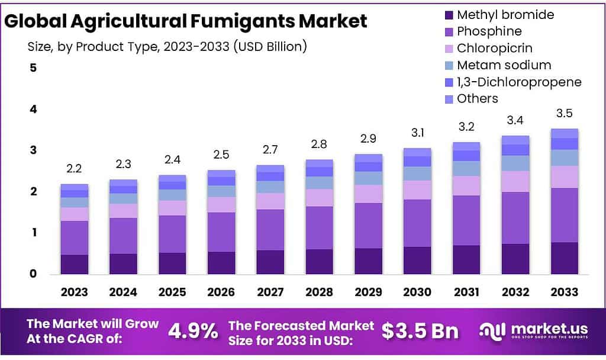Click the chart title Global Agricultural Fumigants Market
coord(186,21)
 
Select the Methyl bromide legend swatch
coord(447,15)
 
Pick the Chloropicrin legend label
coord(495,48)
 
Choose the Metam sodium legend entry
coord(504,65)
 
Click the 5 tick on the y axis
coord(33,68)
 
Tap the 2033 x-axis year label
coord(564,292)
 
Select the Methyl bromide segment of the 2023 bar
coord(74,264)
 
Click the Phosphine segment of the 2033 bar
coord(564,215)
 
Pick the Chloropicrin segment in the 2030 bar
coord(418,190)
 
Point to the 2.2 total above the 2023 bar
coord(74,169)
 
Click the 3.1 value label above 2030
coord(418,133)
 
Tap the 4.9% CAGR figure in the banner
coord(193,332)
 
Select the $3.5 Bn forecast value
coord(420,332)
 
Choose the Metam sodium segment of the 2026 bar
coord(221,191)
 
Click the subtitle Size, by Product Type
coord(167,46)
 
